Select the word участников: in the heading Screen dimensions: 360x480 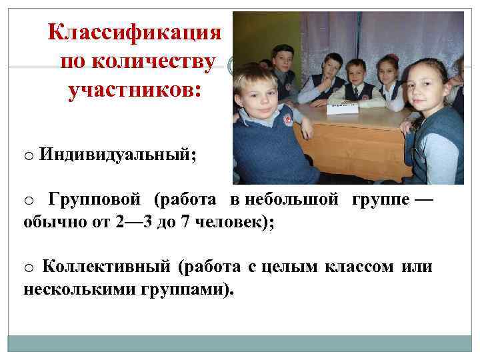click(x=133, y=91)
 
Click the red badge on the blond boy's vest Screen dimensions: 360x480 click(x=288, y=121)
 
